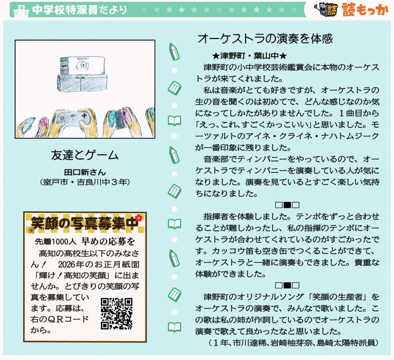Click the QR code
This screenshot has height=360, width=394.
(116, 314)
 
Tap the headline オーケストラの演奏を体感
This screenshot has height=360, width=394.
(265, 39)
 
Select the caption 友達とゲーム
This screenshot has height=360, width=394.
(84, 155)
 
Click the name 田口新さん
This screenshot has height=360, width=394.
(85, 172)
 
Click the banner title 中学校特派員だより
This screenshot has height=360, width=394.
(80, 10)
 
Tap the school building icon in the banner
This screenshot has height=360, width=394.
(21, 11)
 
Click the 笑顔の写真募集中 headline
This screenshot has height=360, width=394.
(84, 223)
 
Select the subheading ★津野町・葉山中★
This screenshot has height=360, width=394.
(249, 55)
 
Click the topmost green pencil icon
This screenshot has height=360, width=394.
(174, 51)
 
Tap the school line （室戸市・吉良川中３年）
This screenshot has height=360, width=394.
(85, 182)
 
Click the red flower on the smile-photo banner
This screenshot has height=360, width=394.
(138, 217)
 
